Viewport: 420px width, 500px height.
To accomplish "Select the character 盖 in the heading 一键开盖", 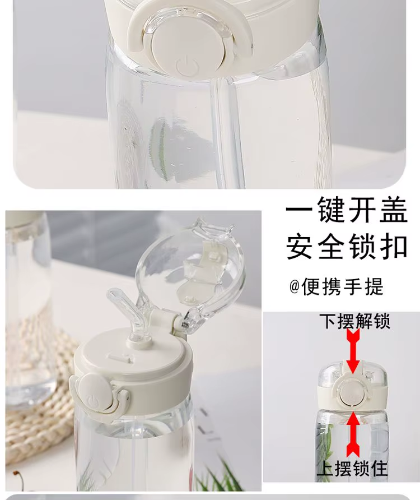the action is point(393,210).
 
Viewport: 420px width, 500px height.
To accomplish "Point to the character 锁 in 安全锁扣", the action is point(362,247).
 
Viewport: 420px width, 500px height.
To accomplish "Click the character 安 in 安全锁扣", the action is point(300,247).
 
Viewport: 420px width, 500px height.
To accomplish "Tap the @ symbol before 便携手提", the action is point(295,286).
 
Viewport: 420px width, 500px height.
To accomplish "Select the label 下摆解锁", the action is point(354,321).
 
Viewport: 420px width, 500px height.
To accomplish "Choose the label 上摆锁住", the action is point(352,469).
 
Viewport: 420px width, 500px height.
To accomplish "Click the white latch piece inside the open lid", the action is point(203,264).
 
